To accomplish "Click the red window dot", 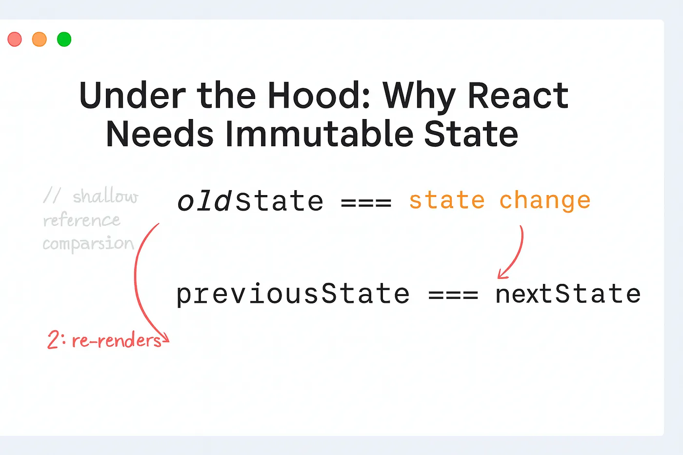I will click(15, 39).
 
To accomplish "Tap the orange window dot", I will click(40, 39).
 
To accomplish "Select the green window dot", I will click(64, 39).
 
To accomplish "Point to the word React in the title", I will click(518, 96).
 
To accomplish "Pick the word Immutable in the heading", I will click(320, 134).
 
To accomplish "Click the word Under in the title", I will click(132, 96).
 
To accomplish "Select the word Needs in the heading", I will click(160, 134).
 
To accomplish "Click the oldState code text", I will click(250, 201).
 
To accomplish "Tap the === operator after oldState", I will click(366, 202).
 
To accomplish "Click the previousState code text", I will click(293, 295).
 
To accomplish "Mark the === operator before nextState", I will click(453, 295).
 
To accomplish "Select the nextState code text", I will click(568, 294).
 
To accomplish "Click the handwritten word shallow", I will click(105, 196).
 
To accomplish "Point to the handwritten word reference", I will click(81, 220).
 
